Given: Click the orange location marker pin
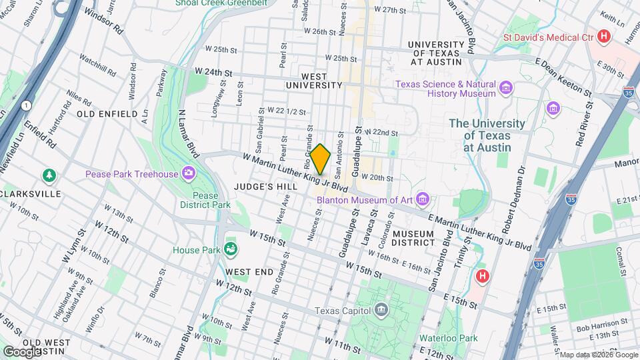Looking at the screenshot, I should [x=320, y=159].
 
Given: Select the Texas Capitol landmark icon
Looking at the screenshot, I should [x=381, y=309].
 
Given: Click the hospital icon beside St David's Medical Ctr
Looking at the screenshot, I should [x=604, y=37].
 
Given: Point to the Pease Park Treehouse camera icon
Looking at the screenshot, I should [x=189, y=174].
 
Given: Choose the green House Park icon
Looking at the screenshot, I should [x=231, y=250].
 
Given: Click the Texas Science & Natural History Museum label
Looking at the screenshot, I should [x=445, y=89].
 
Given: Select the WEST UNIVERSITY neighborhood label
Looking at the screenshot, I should [x=314, y=81].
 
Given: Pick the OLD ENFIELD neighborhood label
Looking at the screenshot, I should [x=103, y=114].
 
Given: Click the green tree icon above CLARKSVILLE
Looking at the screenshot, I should [x=49, y=175].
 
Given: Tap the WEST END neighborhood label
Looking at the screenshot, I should [x=249, y=272].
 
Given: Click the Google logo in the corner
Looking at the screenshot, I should [x=22, y=351].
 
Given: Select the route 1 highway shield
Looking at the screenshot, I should [x=25, y=105].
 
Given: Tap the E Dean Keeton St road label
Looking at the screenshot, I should [x=565, y=77].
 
